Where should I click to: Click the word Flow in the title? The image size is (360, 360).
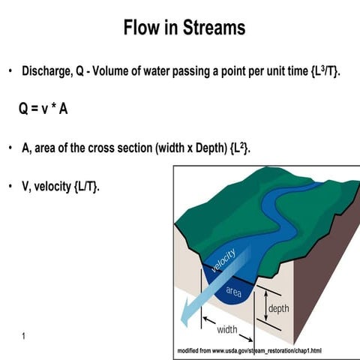click(x=142, y=28)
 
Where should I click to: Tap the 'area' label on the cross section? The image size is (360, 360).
click(x=232, y=291)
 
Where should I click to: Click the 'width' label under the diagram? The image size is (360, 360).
click(x=227, y=329)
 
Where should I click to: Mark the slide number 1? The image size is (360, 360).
click(x=24, y=335)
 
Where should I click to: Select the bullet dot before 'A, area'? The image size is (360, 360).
click(x=10, y=148)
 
